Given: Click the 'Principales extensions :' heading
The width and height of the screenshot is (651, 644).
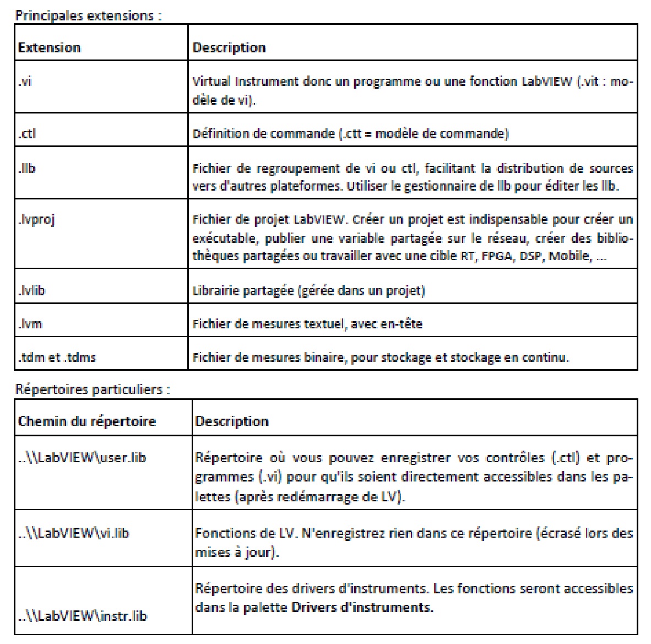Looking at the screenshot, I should pos(88,15).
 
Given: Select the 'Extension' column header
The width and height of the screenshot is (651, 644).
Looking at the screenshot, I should pos(49,48).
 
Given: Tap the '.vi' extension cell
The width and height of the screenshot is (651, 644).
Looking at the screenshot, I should pos(25,83).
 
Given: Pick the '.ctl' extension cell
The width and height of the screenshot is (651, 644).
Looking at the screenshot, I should pos(27,133).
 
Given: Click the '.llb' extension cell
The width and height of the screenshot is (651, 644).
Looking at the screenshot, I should pos(27,167).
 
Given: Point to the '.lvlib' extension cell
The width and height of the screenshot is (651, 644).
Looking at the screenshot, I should pos(31,290).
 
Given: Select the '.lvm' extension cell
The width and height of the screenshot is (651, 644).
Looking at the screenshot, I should pos(30,324).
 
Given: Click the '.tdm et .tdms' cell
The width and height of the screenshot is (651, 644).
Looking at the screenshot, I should pos(57,358).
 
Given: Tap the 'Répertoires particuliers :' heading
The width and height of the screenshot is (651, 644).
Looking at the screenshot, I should pos(93,389).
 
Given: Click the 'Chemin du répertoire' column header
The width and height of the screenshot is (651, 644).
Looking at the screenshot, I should pos(87,421).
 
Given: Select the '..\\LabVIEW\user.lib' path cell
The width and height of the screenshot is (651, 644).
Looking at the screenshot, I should pos(82,458).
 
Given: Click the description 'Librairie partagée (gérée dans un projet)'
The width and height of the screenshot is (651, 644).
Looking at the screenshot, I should pos(308,290).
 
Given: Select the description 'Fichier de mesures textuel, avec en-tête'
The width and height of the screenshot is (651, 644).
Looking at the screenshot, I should pos(307,324).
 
